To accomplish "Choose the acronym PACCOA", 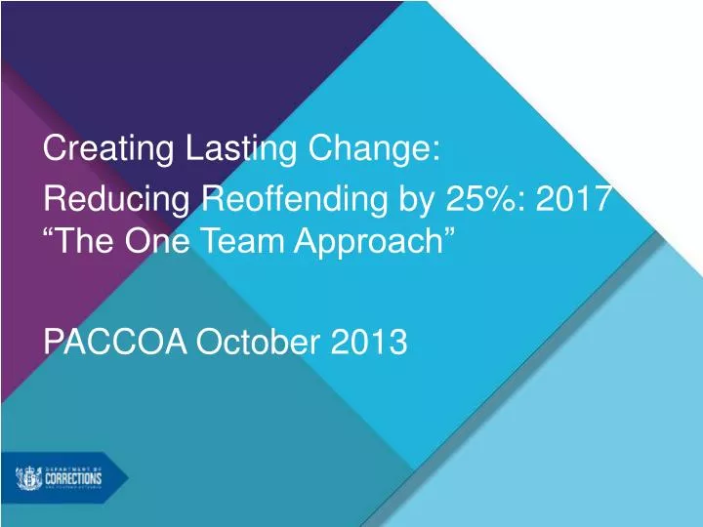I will [116, 342].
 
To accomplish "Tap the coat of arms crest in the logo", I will [27, 478].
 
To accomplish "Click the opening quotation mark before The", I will [52, 234].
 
